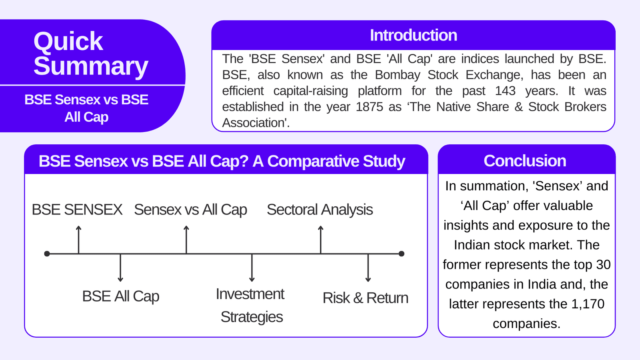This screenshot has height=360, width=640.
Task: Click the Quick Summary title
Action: click(90, 54)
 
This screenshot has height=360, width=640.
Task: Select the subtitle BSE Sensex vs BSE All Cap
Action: click(86, 108)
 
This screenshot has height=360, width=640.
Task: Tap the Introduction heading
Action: click(413, 35)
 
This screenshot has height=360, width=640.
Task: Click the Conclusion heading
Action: click(525, 161)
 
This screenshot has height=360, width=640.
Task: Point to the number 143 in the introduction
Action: click(505, 91)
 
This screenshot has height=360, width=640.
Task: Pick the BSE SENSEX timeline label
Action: click(77, 210)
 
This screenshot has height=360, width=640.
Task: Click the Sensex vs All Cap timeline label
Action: click(190, 210)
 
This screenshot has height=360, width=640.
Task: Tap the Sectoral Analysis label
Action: click(320, 210)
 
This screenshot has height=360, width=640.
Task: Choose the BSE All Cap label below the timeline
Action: click(120, 296)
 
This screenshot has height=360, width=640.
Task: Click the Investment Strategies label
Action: click(251, 305)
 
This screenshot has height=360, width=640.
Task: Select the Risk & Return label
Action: click(365, 298)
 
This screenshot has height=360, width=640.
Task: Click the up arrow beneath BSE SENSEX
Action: click(79, 239)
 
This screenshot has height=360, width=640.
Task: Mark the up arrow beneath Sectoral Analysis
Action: click(320, 239)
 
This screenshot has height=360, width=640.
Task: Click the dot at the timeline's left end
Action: click(47, 254)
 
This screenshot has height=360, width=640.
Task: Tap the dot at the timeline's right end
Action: click(402, 254)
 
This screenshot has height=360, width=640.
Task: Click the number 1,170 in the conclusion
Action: click(588, 304)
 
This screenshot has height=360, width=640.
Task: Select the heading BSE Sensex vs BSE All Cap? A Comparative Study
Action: click(222, 161)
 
